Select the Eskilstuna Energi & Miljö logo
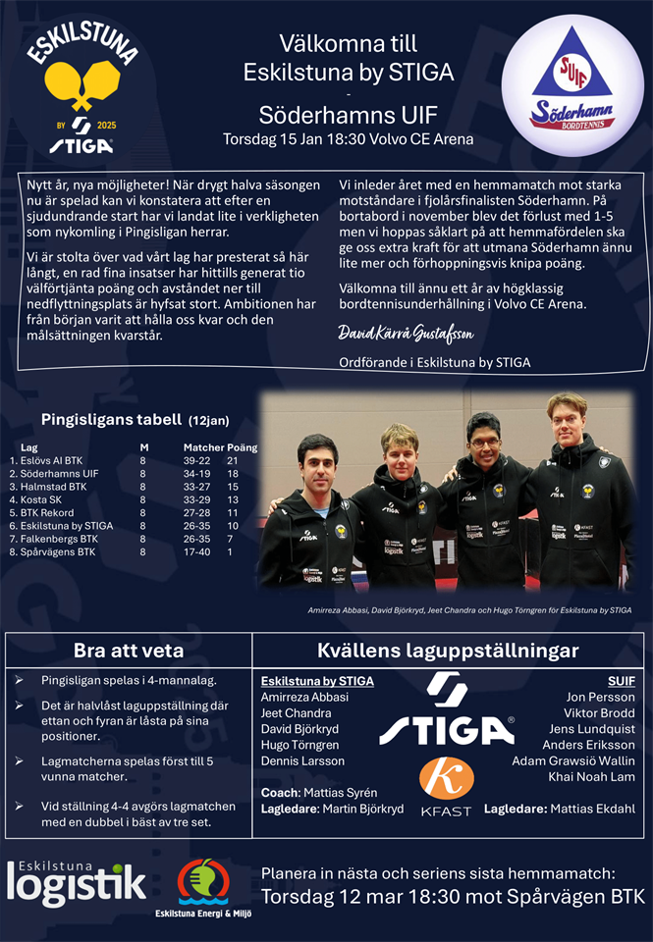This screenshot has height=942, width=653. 202,888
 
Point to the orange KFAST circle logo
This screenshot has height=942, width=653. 446,778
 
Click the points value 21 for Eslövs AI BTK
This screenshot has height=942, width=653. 233,459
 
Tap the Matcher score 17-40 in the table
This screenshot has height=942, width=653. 196,552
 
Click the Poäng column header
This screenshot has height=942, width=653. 242,446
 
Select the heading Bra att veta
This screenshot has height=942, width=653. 129,651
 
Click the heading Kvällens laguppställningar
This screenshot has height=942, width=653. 448,651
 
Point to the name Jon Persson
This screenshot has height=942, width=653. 600,697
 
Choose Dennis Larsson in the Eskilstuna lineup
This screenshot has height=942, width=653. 302,760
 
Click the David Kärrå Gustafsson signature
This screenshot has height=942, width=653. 406,334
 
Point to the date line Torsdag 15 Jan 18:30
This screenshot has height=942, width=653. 348,138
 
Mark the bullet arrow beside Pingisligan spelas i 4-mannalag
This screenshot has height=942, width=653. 20,680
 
